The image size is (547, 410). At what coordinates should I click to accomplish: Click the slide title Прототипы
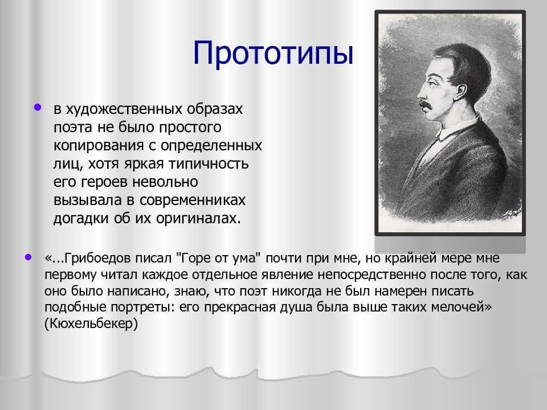[x=273, y=53]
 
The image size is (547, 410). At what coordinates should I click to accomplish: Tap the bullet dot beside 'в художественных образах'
[x=38, y=108]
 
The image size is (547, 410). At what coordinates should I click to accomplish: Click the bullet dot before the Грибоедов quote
[x=28, y=257]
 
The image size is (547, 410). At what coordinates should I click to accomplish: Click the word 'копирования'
[x=99, y=145]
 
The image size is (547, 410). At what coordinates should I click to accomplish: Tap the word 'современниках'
[x=193, y=200]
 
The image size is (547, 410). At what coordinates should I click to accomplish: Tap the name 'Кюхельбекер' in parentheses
[x=91, y=324]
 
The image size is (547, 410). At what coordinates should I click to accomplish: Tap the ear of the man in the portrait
[x=461, y=92]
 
